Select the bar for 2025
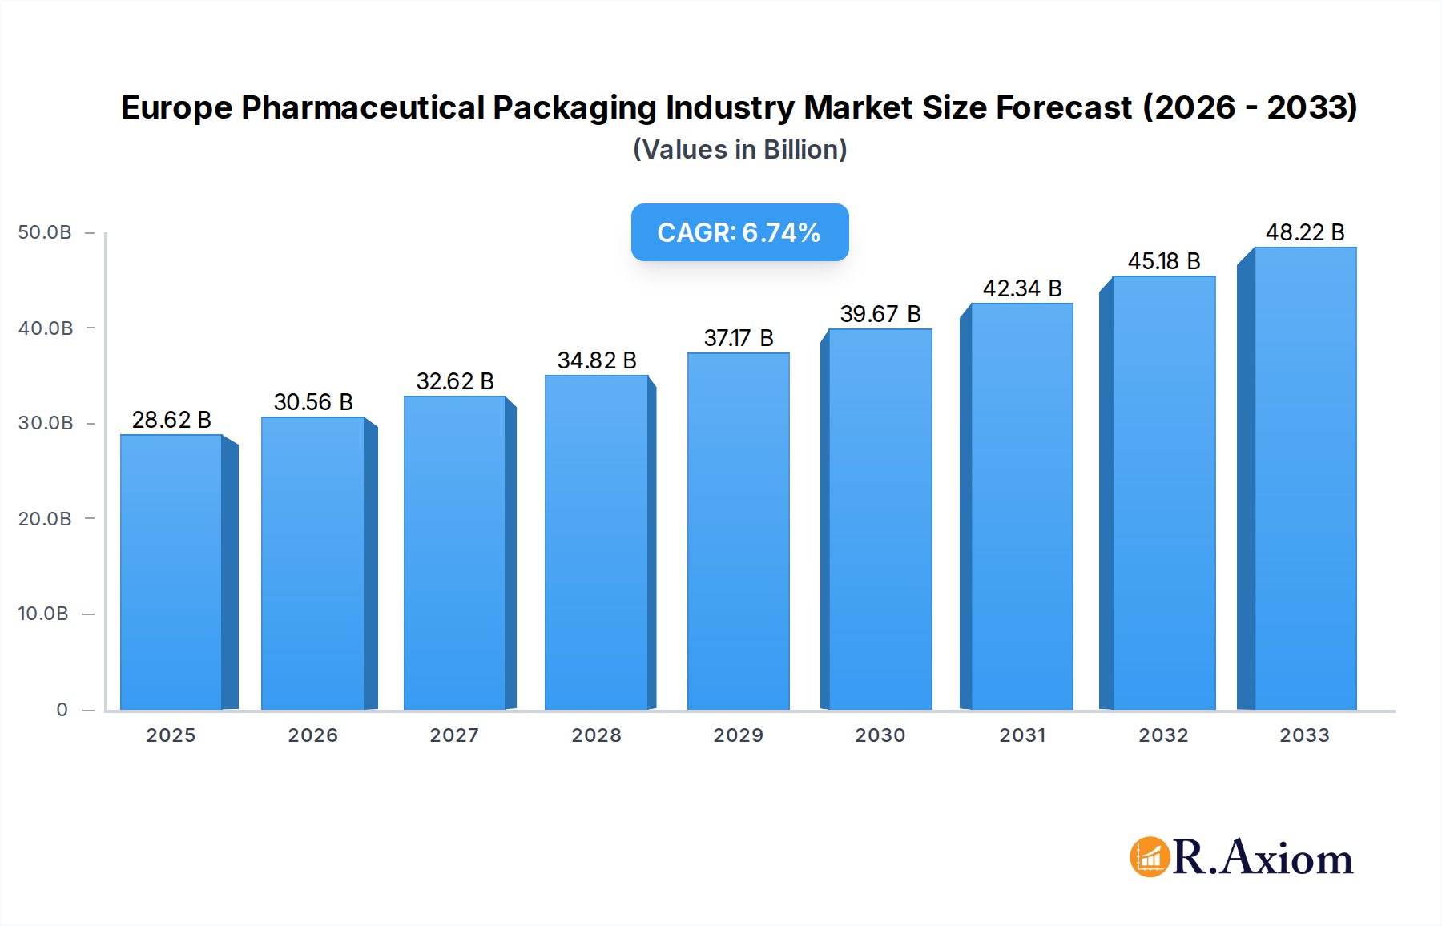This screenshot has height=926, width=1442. pos(171,572)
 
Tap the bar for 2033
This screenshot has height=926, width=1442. pos(1305,478)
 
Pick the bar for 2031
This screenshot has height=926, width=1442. pos(1021,506)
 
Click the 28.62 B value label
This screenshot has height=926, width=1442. pos(171,420)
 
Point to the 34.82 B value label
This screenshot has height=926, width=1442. pos(597,360)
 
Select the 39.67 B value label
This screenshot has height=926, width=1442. pos(880,314)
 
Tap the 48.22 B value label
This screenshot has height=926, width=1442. pos(1305,232)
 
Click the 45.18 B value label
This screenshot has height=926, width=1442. pos(1164,261)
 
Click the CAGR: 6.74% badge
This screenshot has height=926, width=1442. pos(739,232)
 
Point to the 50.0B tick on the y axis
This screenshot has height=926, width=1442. pos(45,232)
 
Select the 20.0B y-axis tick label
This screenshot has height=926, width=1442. pos(45,519)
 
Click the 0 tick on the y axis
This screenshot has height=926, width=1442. pos(62,710)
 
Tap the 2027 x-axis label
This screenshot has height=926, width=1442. pos(454,735)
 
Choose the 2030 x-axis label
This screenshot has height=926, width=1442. pos(880,735)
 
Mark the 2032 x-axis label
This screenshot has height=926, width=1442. pos(1163,735)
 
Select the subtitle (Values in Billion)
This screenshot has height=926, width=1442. pos(739,150)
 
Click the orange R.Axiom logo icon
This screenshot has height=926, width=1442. pos(1150,857)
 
